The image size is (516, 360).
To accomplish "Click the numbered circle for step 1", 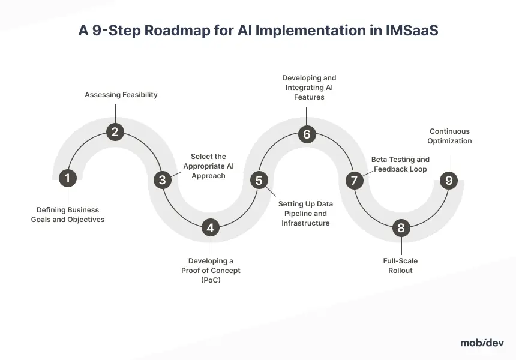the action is tap(67, 178).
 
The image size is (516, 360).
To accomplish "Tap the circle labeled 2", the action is tap(115, 132).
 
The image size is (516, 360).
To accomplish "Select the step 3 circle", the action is tap(162, 179).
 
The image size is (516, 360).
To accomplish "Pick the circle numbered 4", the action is tap(210, 227).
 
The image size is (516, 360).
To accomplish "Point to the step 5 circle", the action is tap(259, 180).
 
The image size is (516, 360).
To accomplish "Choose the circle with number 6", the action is tap(307, 134).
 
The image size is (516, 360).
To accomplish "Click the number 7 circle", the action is tap(354, 180).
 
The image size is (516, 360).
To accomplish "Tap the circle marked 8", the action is tap(401, 227).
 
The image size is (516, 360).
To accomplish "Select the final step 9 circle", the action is tap(449, 180).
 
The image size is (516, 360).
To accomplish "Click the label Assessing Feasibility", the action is tap(121, 95).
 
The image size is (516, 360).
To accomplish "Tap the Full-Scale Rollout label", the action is tap(400, 266).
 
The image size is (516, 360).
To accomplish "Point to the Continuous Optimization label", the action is tap(449, 136).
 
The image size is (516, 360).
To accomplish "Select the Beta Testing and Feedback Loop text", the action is tap(400, 164).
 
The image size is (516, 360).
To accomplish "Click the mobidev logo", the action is tap(482, 343).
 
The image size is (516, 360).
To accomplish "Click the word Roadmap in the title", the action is tap(177, 30).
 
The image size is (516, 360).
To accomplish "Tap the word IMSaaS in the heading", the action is tap(412, 30).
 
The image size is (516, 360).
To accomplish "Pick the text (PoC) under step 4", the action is tap(211, 280).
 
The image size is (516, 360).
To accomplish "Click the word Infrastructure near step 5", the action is tap(305, 223).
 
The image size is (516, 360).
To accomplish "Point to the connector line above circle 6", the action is tap(307, 116).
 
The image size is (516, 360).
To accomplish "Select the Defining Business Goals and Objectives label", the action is tap(68, 215).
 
